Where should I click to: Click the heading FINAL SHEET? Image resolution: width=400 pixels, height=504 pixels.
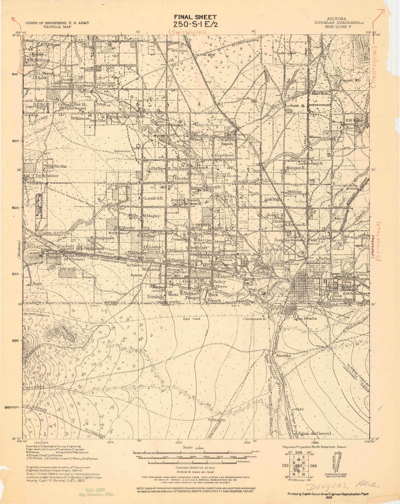click(195, 17)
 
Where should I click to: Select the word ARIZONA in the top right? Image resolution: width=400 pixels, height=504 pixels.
click(337, 19)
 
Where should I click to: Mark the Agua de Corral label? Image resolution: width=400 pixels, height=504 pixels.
click(314, 433)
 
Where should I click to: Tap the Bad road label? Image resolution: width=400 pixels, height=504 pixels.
click(191, 319)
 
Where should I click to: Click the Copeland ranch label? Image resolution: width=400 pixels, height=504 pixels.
click(224, 155)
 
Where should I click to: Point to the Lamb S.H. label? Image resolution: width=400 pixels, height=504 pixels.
click(154, 199)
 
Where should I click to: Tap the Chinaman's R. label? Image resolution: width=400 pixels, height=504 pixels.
click(255, 319)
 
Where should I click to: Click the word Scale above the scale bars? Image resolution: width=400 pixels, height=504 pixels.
click(188, 448)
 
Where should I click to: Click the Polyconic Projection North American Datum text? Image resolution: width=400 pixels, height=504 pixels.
click(314, 447)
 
